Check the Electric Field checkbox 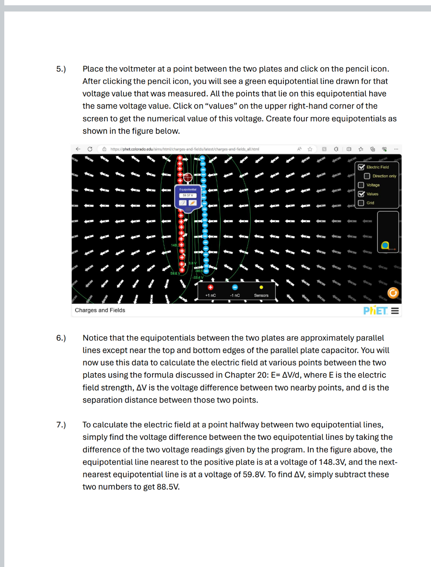(361, 167)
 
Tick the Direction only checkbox (368, 176)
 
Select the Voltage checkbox (361, 185)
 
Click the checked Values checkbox (361, 194)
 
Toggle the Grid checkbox (361, 203)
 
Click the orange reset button (393, 293)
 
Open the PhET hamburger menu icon (395, 310)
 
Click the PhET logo (375, 310)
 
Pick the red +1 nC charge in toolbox (210, 287)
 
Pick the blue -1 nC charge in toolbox (235, 287)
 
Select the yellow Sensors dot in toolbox (261, 287)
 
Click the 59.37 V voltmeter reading (186, 195)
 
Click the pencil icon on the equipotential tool (193, 203)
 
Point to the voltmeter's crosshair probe (188, 177)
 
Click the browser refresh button (90, 149)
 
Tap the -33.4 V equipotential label (198, 277)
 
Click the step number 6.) (61, 338)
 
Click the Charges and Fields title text (100, 310)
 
